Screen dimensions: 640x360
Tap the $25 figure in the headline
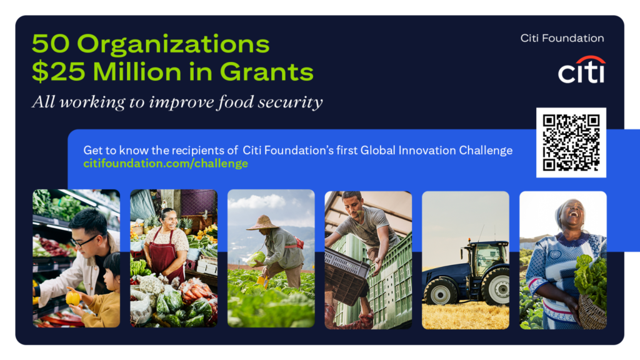pos(58,72)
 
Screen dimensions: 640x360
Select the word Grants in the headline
pos(266,72)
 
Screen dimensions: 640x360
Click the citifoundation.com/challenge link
pos(166,164)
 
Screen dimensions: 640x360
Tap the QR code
pos(571,142)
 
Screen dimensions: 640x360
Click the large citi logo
pos(582,70)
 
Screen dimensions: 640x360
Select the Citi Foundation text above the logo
pos(562,38)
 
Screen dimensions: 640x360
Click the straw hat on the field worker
pos(262,223)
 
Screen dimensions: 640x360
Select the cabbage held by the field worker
pos(256,259)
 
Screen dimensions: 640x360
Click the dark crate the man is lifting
pos(346,278)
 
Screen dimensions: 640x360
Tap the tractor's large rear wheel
pos(496,287)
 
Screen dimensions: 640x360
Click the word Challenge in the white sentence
pos(486,151)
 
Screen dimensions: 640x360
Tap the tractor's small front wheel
pos(441,291)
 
